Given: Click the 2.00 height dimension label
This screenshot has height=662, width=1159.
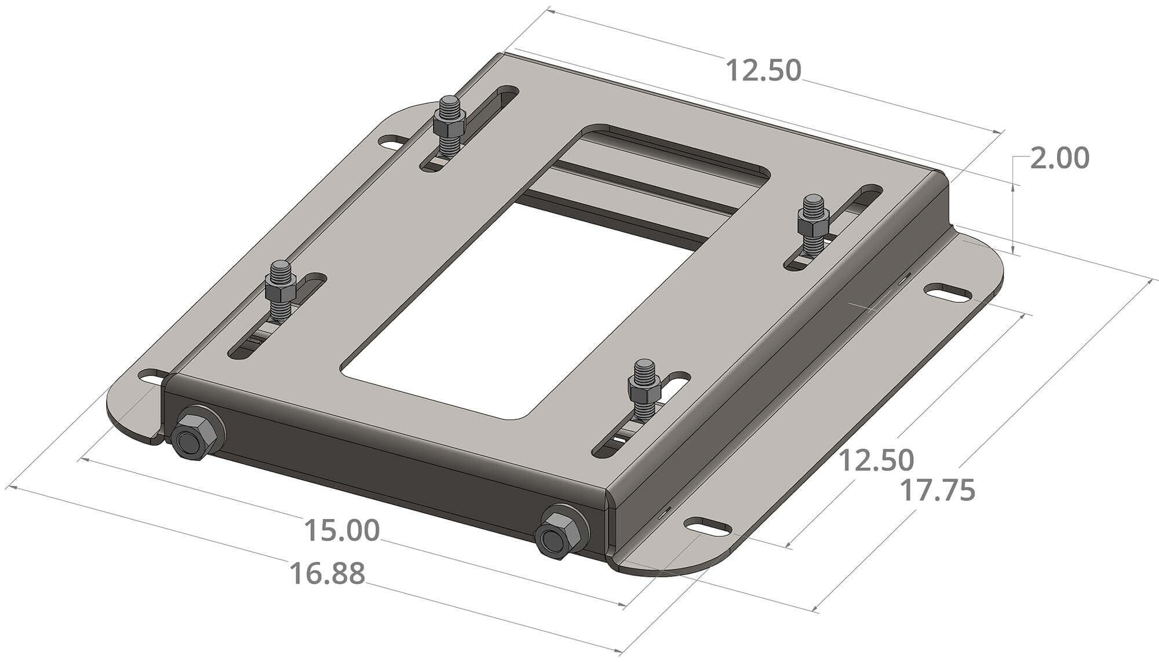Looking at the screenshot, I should (x=1060, y=159).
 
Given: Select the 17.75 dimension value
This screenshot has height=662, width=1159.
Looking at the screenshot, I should (x=938, y=490).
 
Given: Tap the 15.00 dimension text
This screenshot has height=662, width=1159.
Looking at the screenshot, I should (x=342, y=531).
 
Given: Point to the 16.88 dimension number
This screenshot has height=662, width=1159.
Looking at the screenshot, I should (x=327, y=573).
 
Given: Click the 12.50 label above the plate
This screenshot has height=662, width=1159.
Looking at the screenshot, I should (x=763, y=71).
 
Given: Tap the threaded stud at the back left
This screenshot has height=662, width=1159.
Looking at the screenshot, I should (x=450, y=125).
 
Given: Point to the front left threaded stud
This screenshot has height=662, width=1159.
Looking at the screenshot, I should (x=280, y=290).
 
